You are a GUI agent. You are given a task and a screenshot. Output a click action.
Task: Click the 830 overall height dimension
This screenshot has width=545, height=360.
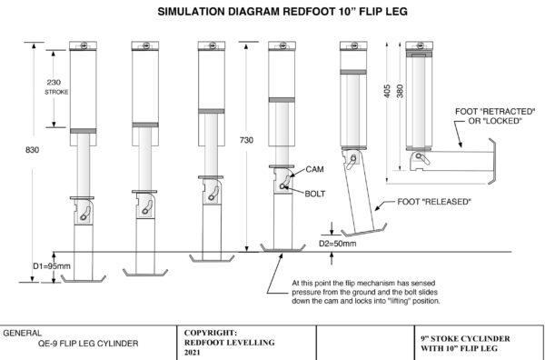click(33, 150)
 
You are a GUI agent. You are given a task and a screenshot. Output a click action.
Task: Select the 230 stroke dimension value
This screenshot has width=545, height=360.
click(54, 83)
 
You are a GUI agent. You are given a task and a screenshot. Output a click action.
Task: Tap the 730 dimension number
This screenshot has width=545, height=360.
click(246, 140)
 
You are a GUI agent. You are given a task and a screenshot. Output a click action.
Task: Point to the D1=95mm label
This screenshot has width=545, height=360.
click(52, 266)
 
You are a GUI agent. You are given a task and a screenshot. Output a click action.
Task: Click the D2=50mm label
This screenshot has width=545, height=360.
click(338, 244)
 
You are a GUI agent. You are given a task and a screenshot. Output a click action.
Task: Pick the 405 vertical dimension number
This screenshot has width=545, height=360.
click(388, 91)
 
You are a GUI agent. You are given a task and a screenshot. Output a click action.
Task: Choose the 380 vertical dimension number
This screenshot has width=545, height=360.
click(400, 91)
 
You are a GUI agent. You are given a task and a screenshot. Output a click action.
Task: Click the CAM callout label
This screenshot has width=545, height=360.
click(315, 169)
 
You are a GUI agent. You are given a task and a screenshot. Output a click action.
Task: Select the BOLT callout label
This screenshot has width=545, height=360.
click(315, 194)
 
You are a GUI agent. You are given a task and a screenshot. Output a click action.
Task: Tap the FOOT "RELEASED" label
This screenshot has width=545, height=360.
click(434, 202)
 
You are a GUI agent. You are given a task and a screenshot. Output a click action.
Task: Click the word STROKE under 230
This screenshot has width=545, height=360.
click(56, 93)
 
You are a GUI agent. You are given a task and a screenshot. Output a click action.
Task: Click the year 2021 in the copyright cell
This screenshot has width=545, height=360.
click(193, 353)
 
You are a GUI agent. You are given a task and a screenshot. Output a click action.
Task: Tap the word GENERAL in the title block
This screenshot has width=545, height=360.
click(22, 333)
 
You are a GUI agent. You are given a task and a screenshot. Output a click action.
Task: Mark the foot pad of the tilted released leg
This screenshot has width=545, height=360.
click(364, 230)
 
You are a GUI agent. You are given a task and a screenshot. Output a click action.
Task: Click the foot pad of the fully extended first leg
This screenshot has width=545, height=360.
click(84, 278)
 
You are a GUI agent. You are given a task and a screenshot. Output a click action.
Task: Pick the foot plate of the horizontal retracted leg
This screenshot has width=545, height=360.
click(491, 161)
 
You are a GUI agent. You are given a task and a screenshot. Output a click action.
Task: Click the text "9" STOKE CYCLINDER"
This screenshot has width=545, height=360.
click(465, 339)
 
